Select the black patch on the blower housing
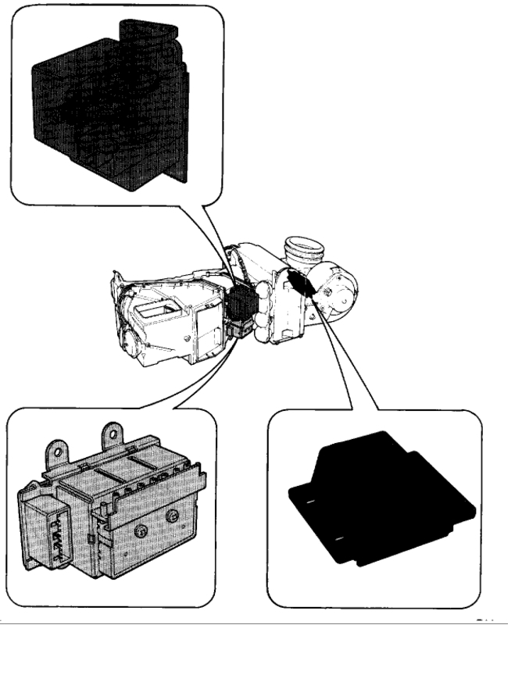tap(300, 281)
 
